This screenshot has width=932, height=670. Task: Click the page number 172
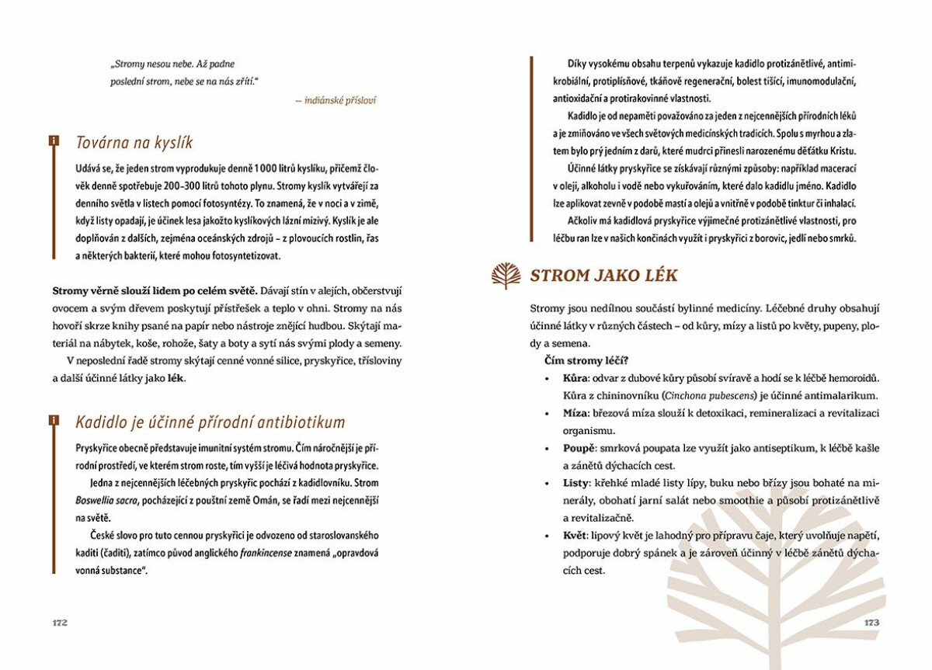(60, 623)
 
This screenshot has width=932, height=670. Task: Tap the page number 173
(871, 623)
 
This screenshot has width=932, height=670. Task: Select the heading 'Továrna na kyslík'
(134, 143)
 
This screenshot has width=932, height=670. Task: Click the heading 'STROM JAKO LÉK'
(603, 275)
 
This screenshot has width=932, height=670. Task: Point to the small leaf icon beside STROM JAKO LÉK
(506, 275)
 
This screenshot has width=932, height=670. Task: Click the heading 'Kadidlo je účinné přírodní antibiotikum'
(210, 422)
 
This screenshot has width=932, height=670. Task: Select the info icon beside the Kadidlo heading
(53, 420)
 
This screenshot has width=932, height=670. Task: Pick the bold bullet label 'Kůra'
(576, 378)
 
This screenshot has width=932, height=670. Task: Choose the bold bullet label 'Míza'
(577, 412)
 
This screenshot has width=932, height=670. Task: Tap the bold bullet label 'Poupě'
(579, 448)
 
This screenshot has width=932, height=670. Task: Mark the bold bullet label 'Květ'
(577, 536)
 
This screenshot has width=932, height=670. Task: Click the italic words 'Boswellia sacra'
(106, 500)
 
